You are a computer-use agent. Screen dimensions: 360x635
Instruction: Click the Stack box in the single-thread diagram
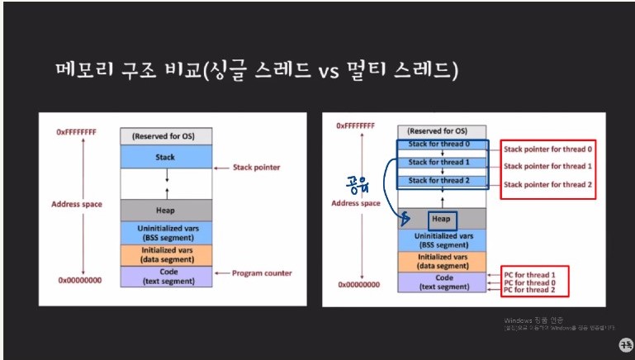167,156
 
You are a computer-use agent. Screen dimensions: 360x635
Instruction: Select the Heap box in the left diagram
167,210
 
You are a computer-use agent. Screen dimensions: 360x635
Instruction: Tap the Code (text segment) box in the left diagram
167,276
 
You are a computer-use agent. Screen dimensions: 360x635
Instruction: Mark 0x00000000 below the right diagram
358,285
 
